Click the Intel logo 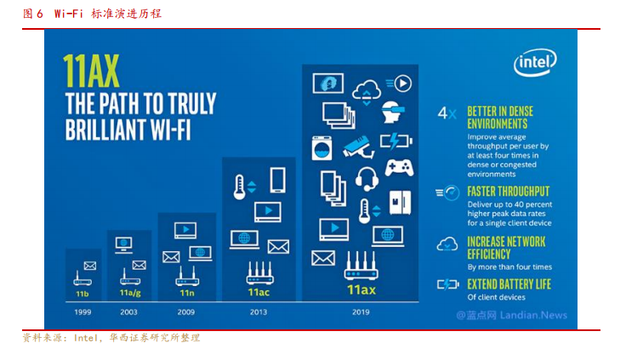tap(535, 62)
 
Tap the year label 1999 tap(83, 312)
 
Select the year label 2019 tap(361, 312)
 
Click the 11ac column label tap(259, 293)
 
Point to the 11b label tap(83, 294)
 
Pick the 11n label tap(187, 293)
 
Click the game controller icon tap(399, 168)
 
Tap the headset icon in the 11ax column tap(367, 179)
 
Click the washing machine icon tap(322, 148)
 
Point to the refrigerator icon tap(400, 203)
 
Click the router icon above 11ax tap(361, 266)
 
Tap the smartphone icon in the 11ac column tap(277, 180)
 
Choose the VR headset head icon tap(392, 111)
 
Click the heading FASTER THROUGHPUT tap(509, 191)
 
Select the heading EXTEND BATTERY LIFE tap(509, 284)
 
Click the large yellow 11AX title tap(91, 71)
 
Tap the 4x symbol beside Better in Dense tap(447, 113)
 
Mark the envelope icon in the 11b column tap(90, 266)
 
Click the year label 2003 tap(128, 312)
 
